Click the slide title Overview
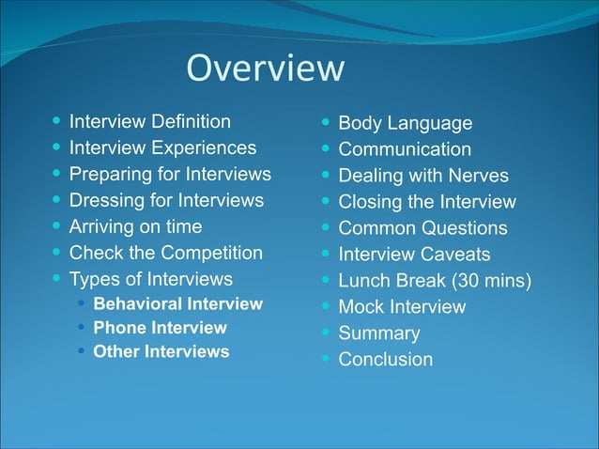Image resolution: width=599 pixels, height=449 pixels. pos(266,69)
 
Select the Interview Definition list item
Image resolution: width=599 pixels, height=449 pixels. pos(149,121)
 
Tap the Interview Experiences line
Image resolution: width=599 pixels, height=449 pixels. pos(162,147)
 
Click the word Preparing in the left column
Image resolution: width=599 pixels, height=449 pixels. pos(107,174)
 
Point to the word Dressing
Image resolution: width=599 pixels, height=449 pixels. pos(104,200)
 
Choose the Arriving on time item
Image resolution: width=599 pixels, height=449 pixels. pos(135,226)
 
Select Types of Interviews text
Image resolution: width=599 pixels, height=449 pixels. pos(150,279)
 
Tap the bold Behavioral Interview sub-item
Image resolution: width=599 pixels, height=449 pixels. pos(177,303)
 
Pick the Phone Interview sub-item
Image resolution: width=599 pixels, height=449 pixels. pos(160,328)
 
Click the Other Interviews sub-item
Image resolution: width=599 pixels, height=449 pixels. pos(161,351)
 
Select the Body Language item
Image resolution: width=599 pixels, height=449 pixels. pos(405,123)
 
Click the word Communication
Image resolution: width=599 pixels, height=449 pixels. pos(405,149)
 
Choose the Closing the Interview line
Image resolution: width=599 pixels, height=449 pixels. pos(426,202)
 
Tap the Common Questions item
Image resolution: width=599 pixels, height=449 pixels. pos(422,228)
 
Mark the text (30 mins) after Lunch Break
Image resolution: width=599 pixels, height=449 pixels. pos(486,281)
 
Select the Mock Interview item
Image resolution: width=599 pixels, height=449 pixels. pos(401,307)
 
